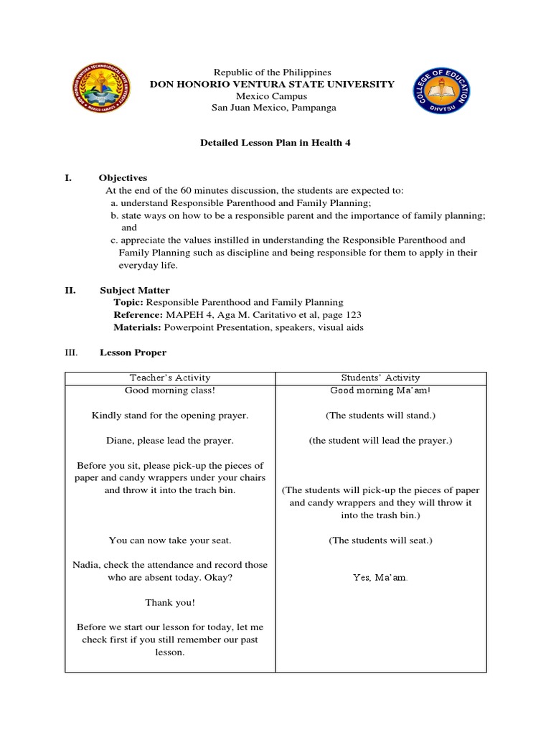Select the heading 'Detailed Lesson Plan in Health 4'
[x=275, y=143]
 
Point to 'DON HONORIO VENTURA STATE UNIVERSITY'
[x=272, y=84]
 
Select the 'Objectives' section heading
[x=123, y=177]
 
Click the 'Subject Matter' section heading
[x=134, y=290]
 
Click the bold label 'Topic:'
[x=128, y=302]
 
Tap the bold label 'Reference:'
[x=138, y=314]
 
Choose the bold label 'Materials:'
[x=138, y=327]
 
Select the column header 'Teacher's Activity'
[x=170, y=378]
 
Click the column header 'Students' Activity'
[x=381, y=378]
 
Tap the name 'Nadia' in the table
[x=85, y=565]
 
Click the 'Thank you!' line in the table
[x=170, y=602]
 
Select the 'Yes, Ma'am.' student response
[x=381, y=578]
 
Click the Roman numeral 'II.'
[x=70, y=290]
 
